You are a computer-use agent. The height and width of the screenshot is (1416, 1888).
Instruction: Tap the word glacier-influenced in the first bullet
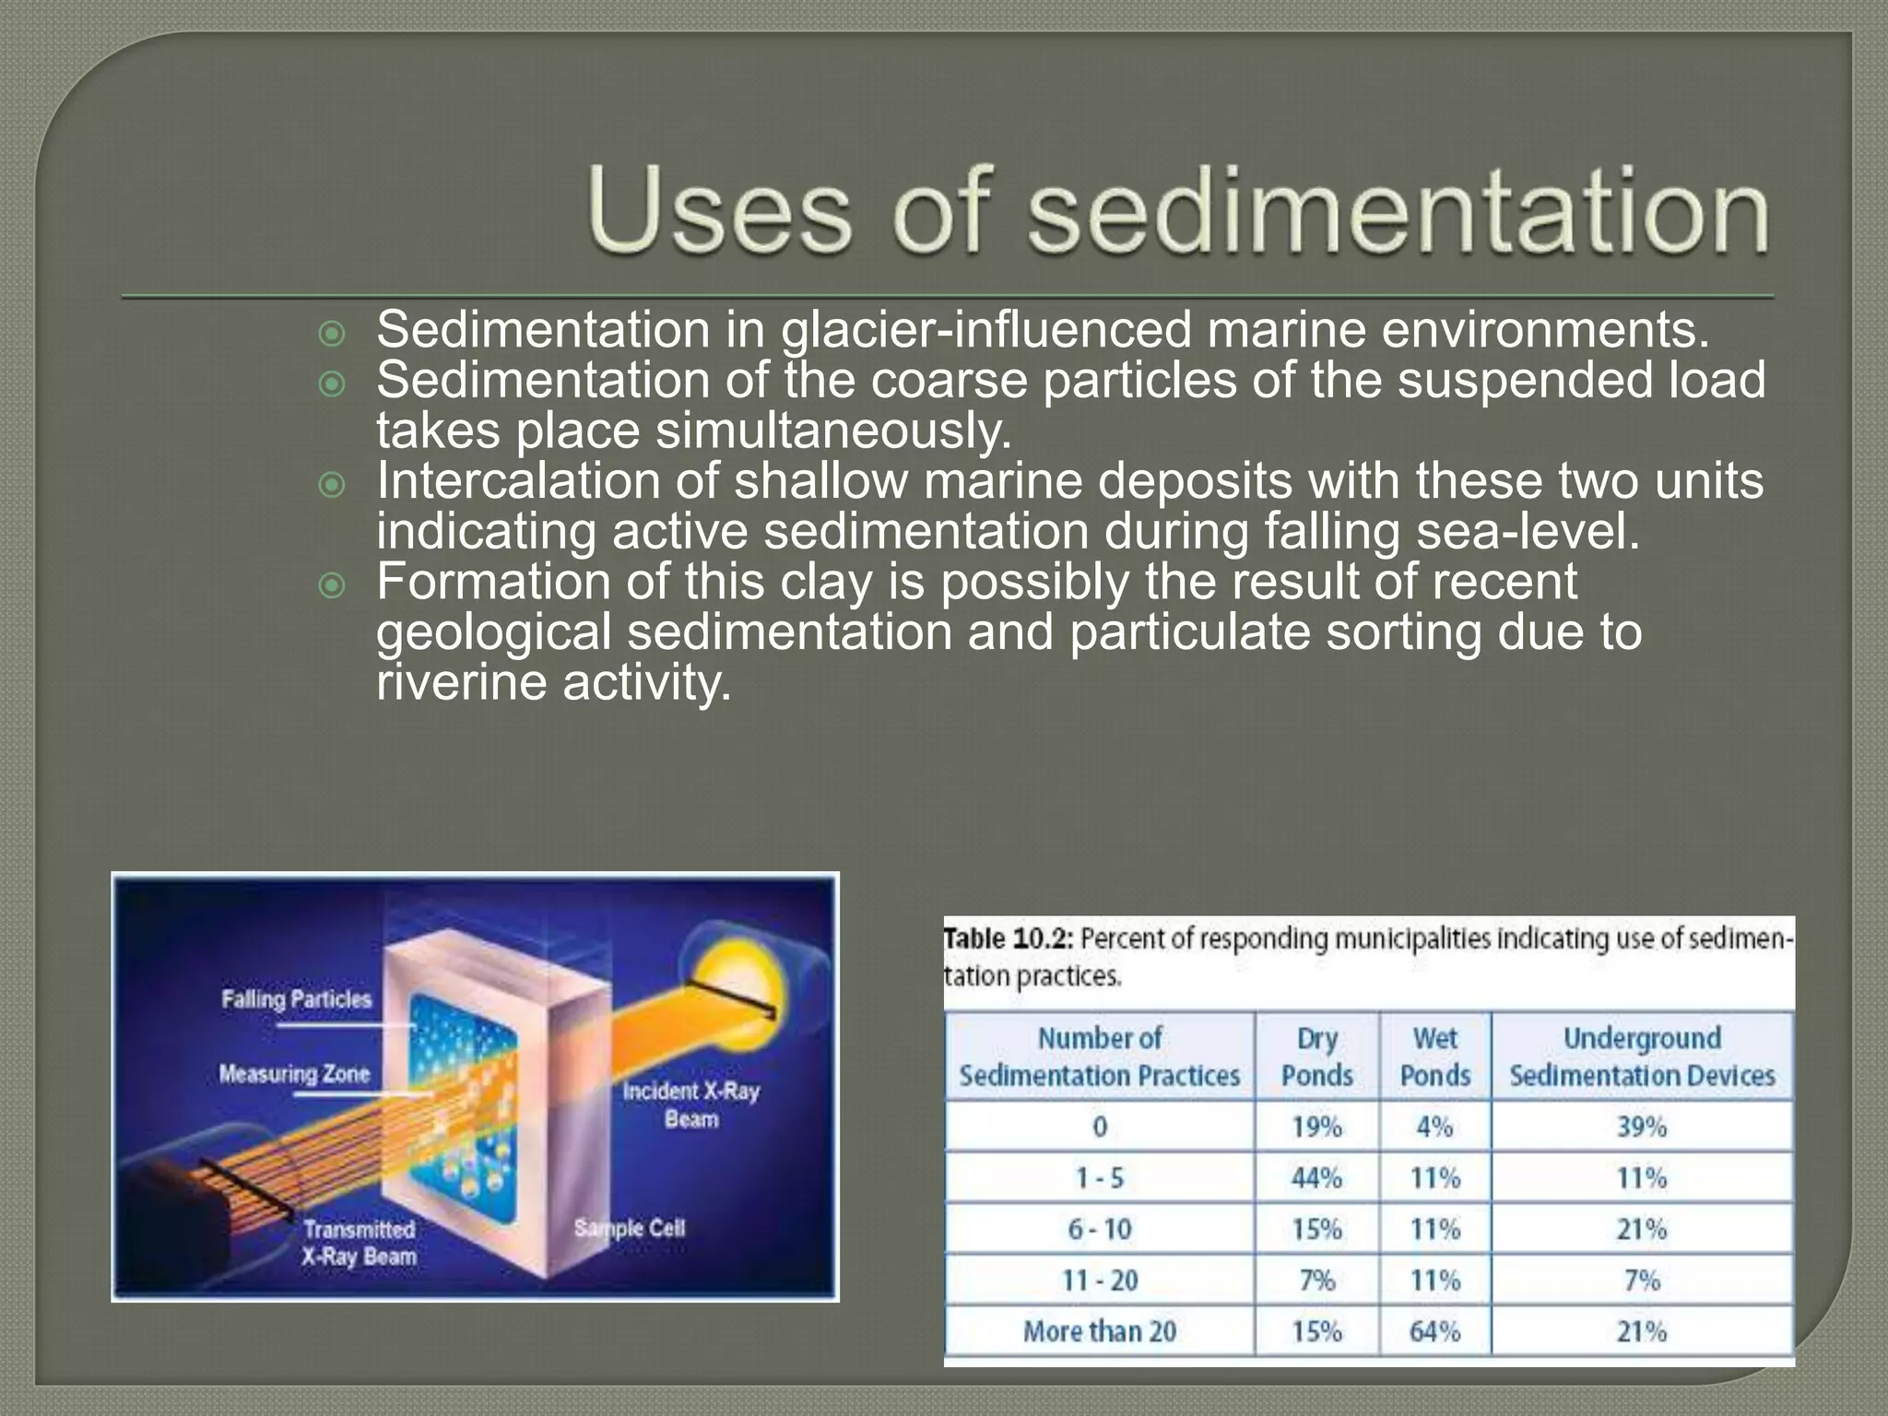[x=985, y=330]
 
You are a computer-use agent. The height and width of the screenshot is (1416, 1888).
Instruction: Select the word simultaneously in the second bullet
[x=834, y=431]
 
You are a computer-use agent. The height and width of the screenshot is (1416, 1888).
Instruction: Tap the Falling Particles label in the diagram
[x=296, y=999]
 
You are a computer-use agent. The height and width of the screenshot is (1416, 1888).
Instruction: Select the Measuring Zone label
[x=294, y=1074]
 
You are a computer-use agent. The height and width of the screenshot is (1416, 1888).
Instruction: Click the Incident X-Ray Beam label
[x=691, y=1104]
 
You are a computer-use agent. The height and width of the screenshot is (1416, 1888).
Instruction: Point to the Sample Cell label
[x=630, y=1228]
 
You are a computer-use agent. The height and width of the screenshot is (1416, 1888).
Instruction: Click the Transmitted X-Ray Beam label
[x=360, y=1243]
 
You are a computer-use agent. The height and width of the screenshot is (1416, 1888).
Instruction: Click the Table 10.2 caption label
[x=1008, y=939]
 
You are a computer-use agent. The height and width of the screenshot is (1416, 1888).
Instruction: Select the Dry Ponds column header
[x=1316, y=1056]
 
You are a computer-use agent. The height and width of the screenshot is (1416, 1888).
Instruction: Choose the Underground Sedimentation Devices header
[x=1642, y=1056]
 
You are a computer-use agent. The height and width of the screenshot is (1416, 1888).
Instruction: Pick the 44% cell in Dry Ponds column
[x=1316, y=1178]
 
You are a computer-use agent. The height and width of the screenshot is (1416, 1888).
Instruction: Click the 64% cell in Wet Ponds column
[x=1434, y=1331]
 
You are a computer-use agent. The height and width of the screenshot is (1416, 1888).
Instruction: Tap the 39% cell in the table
[x=1642, y=1127]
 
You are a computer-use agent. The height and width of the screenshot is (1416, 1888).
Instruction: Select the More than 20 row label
[x=1100, y=1331]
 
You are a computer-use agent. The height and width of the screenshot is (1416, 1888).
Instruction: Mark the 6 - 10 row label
[x=1100, y=1229]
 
